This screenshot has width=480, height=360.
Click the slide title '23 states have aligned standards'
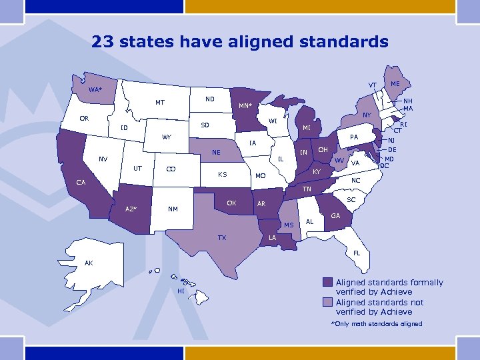point(240,42)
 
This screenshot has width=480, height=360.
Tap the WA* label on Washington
point(96,89)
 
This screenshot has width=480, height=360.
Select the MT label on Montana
point(160,103)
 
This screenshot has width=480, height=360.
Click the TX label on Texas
point(221,238)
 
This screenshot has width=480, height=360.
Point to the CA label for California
point(80,182)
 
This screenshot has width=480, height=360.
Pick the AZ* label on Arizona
point(131,209)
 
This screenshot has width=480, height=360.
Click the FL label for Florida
point(357,253)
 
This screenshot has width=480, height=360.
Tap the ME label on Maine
point(395,84)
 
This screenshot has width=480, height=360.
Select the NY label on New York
point(367,115)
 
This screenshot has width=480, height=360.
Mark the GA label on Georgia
point(335,215)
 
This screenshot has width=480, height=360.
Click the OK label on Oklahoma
point(231,202)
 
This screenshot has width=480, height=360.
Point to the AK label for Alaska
point(89,263)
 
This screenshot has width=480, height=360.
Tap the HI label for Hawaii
point(180,291)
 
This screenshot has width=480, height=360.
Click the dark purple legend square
point(327,282)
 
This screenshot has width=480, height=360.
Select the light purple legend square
point(327,302)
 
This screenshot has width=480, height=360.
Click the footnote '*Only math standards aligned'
point(376,324)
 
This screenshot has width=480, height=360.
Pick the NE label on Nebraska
point(216,152)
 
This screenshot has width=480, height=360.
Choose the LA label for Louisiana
point(272,238)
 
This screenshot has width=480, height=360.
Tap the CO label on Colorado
point(171,169)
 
